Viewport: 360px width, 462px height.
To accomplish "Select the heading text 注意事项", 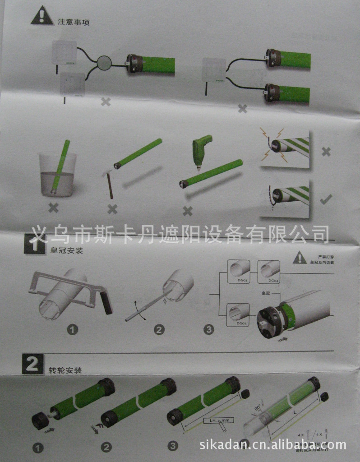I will pos(74,21).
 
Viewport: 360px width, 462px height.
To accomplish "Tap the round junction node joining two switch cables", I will pos(105,63).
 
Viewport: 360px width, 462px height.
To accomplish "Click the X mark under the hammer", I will pos(112,209).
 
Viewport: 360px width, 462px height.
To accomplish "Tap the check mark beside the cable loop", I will pos(326,199).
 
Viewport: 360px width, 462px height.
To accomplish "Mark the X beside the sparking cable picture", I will pos(326,151).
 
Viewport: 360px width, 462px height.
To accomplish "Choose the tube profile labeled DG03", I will pos(240,271).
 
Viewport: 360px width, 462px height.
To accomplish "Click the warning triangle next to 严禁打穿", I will pos(299,258).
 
